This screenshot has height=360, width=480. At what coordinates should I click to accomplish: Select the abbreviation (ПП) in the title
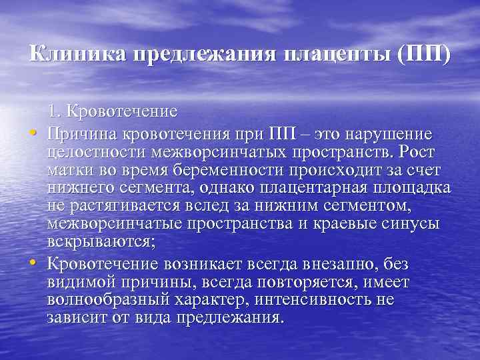[x=423, y=54]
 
